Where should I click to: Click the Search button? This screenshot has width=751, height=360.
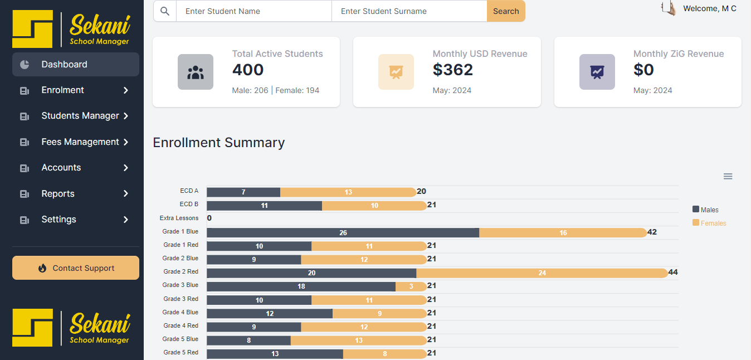(506, 11)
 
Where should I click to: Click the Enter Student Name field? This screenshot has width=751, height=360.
(253, 11)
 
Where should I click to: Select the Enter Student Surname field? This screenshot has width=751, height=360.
(409, 11)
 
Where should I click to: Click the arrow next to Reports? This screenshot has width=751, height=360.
(126, 194)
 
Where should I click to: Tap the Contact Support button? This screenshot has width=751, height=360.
(76, 268)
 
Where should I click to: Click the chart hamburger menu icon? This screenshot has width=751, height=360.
(728, 177)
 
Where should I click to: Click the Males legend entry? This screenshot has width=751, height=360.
(706, 210)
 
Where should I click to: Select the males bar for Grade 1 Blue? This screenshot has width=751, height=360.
(343, 232)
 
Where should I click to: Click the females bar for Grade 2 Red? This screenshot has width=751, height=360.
(542, 273)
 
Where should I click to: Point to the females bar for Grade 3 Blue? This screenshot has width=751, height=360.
(411, 286)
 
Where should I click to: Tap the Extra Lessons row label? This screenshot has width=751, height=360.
(179, 218)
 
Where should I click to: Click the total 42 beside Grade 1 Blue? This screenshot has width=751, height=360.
(652, 232)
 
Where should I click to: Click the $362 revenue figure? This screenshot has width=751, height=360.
(453, 70)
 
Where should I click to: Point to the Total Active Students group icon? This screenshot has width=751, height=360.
(196, 72)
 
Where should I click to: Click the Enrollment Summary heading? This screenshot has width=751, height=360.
(219, 143)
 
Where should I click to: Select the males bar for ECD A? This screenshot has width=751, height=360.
(243, 192)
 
